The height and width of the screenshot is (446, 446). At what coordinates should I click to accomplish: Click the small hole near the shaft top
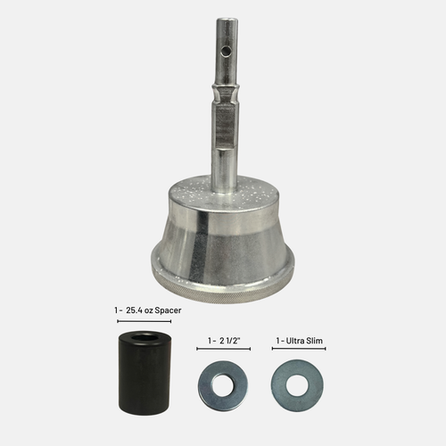pyautogui.click(x=227, y=52)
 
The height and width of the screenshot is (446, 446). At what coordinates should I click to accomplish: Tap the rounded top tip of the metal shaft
pyautogui.click(x=227, y=20)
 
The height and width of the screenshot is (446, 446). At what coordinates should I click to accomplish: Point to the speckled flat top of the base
pyautogui.click(x=224, y=190)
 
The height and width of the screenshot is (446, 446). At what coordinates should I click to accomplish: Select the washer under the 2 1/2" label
pyautogui.click(x=223, y=385)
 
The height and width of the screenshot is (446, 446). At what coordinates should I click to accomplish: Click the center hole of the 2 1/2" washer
pyautogui.click(x=223, y=385)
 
